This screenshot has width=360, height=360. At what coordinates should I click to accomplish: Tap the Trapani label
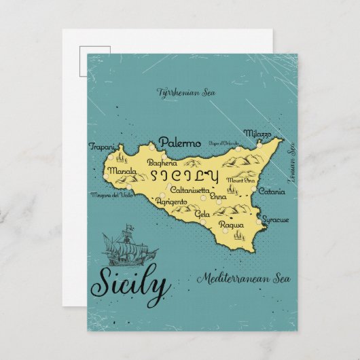(x=101, y=146)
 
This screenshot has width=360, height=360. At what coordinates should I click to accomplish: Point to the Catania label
(x=272, y=192)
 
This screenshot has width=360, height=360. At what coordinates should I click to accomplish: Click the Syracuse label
(x=275, y=220)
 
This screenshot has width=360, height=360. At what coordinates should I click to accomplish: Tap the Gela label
(x=202, y=213)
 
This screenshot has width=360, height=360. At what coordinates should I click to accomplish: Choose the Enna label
(x=219, y=196)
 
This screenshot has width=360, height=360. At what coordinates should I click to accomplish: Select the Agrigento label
(x=170, y=202)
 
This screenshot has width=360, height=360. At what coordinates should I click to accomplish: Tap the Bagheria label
(x=162, y=163)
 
